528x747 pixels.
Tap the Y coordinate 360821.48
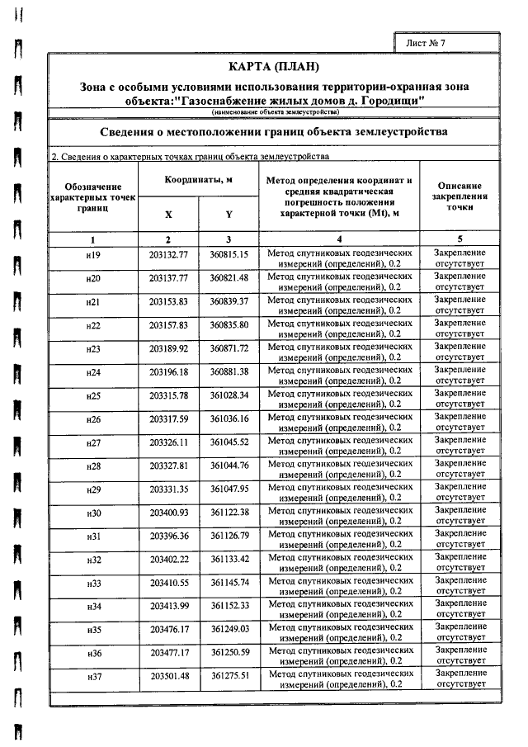click(229, 279)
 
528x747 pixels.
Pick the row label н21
click(93, 303)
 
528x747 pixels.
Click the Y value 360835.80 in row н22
click(229, 326)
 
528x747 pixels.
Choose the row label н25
click(93, 396)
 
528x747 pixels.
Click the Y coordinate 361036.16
click(229, 419)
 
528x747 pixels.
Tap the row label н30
click(93, 513)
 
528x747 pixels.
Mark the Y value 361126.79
click(229, 537)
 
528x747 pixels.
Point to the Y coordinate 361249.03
click(229, 630)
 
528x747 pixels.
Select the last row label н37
click(93, 677)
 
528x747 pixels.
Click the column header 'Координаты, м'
click(198, 179)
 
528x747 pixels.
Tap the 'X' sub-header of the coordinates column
click(168, 214)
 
